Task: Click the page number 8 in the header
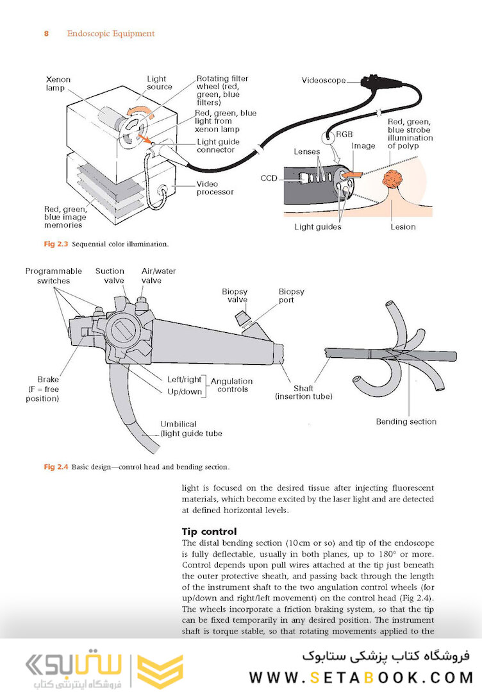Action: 47,33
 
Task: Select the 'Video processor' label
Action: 215,187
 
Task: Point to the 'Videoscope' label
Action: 324,80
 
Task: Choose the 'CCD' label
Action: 269,178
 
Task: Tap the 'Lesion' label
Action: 403,226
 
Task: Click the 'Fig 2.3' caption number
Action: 55,244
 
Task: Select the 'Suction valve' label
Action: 110,276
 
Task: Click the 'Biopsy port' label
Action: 291,296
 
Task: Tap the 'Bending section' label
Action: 406,421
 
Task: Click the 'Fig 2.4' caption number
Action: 55,466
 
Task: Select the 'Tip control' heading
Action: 210,531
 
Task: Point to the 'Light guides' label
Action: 318,226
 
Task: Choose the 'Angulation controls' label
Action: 231,385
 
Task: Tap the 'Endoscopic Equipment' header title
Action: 111,33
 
